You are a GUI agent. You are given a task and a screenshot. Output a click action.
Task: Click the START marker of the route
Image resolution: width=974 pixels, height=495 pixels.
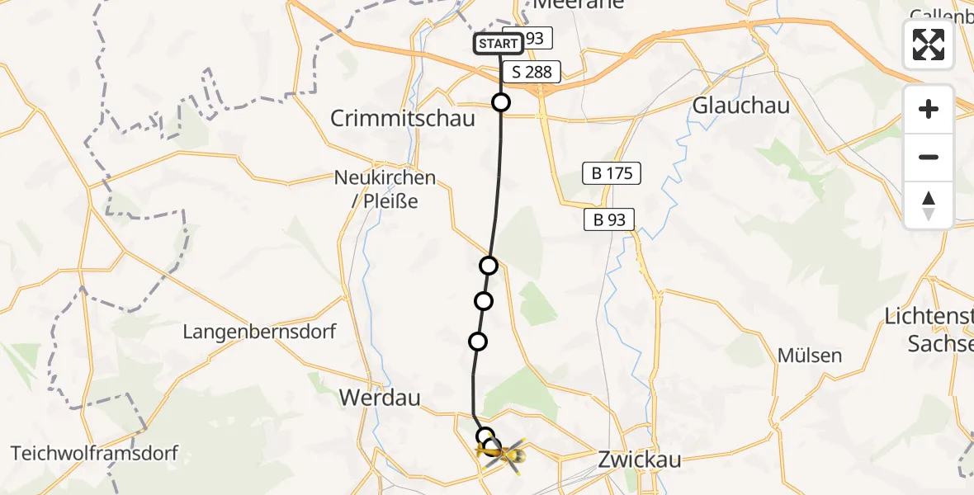point(498,44)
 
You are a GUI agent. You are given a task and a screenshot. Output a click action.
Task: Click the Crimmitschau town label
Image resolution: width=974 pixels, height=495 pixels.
point(403,118)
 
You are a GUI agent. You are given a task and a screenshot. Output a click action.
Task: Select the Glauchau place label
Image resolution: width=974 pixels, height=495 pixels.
point(741,106)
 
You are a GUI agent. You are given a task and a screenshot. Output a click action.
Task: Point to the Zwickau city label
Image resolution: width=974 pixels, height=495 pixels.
point(641,460)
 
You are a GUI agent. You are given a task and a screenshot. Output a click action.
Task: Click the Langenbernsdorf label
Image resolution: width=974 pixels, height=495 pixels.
point(259,332)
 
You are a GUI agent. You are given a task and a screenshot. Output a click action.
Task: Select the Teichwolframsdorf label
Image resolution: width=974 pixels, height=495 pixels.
point(95,453)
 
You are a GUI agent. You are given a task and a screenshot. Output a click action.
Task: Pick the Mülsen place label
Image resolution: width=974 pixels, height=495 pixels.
point(809,356)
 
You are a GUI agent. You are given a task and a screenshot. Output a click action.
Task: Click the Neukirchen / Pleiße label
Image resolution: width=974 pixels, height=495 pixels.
point(385,188)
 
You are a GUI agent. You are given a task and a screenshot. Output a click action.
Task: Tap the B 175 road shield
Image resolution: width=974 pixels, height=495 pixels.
point(612,173)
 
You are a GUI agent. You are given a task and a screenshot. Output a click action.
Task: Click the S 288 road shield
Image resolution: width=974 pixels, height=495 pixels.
point(532,72)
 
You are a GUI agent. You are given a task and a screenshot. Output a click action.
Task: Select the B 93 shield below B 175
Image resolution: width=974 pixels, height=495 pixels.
point(609,219)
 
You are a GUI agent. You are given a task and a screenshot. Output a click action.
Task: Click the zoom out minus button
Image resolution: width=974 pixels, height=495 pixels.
point(929,157)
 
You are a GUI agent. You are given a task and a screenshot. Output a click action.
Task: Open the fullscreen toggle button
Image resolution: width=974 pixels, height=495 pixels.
point(929,45)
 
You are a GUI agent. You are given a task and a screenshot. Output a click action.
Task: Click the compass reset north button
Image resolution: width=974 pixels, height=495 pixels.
point(929,205)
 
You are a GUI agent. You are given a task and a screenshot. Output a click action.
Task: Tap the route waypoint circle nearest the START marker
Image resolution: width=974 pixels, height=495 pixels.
point(501,102)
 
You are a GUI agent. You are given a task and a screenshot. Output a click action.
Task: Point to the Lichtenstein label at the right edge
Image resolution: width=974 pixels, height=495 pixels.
point(928,328)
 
